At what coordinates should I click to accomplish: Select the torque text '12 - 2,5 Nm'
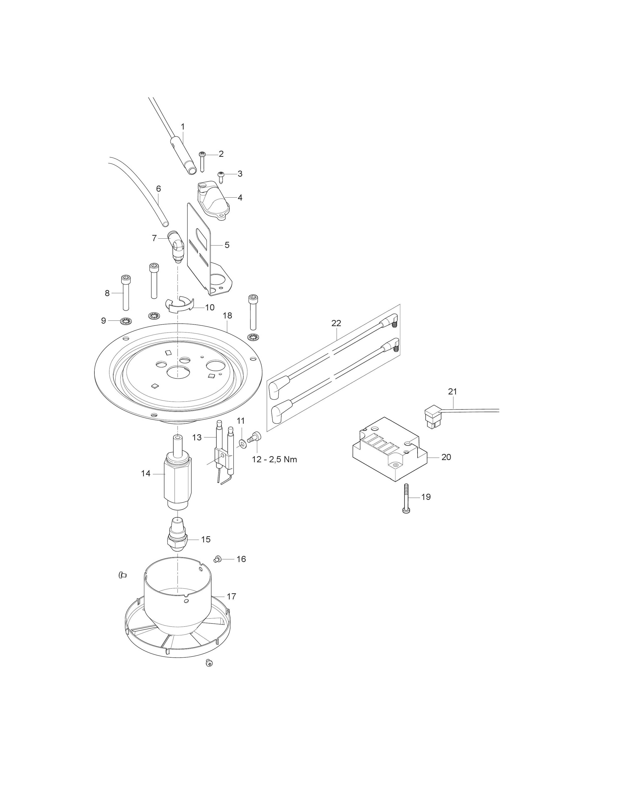[274, 459]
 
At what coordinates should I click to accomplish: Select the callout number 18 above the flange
[227, 316]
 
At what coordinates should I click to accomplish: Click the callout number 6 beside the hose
[159, 189]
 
